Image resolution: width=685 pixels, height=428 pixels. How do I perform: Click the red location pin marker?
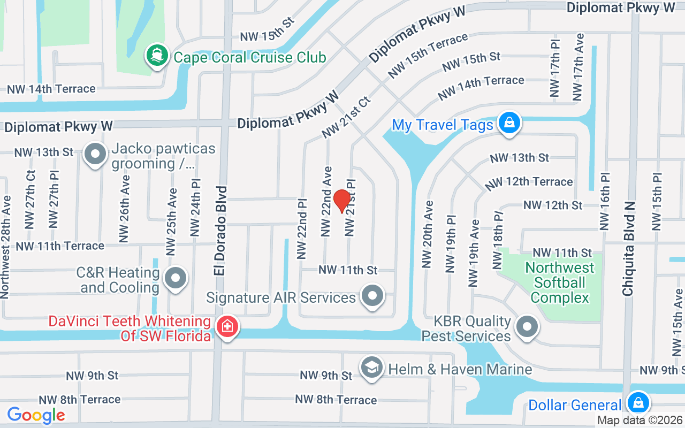[x=341, y=201]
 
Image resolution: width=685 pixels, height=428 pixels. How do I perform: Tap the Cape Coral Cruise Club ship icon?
[x=157, y=56]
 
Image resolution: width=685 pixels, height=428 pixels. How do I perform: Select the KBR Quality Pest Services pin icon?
[x=527, y=326]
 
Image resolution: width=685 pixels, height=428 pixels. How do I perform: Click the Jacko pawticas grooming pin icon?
[x=95, y=155]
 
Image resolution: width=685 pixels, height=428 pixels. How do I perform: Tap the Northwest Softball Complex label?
[x=559, y=282]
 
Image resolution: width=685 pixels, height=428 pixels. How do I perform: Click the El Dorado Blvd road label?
[x=220, y=231]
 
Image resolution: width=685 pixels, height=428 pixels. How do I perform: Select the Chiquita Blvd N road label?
[x=628, y=249]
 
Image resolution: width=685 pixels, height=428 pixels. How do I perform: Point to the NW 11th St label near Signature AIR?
[x=348, y=270]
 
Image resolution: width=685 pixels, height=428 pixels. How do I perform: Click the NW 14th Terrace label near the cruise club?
[x=51, y=89]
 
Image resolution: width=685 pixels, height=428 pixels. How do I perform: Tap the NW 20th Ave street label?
[x=427, y=234]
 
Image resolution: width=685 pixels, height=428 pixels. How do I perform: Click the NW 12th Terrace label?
[x=529, y=182]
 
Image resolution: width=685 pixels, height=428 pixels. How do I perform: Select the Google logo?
[x=36, y=415]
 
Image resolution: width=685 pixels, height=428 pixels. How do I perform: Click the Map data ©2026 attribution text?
[x=640, y=421]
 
